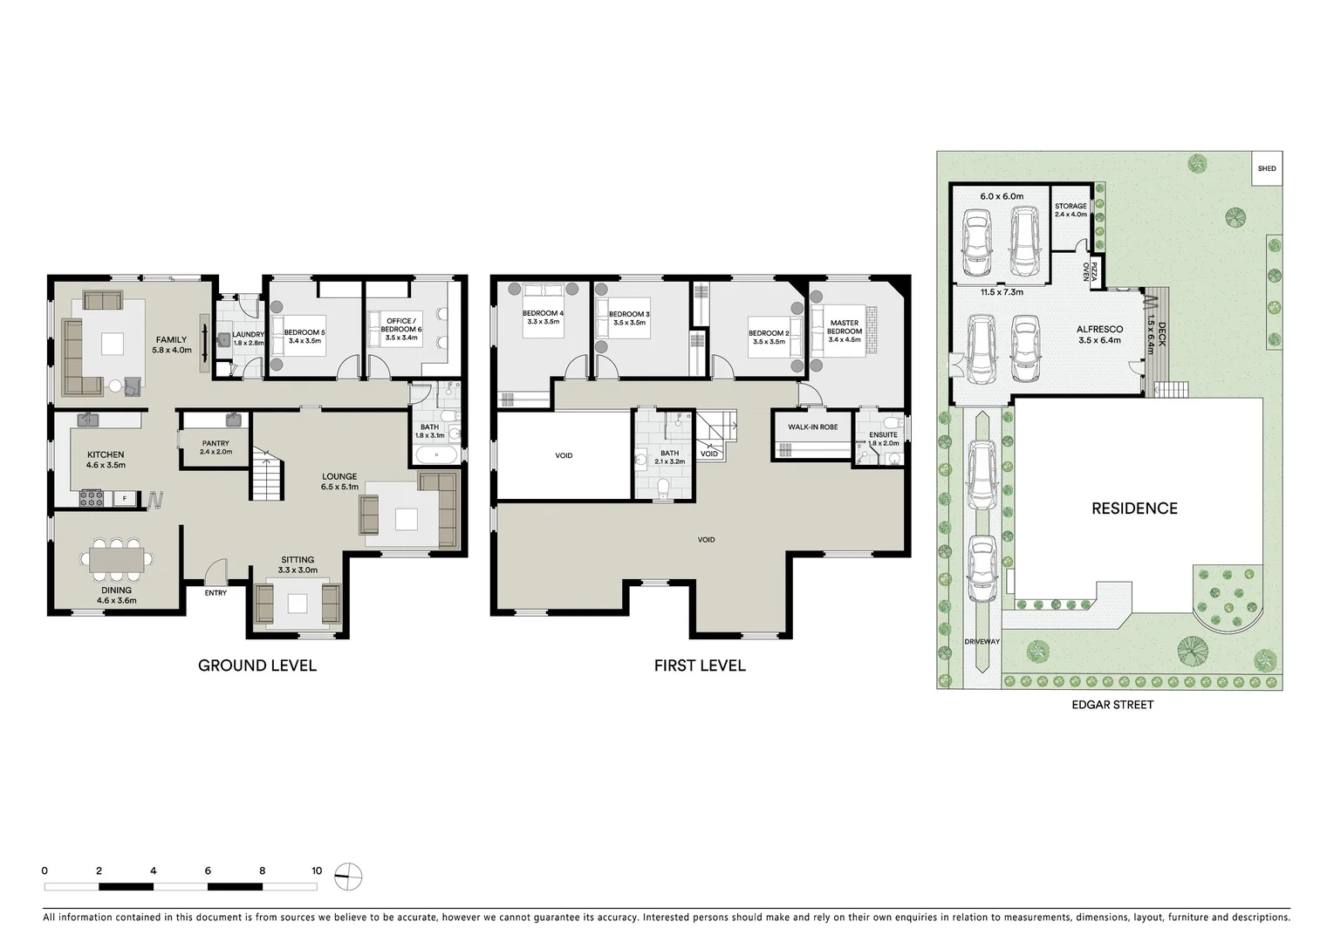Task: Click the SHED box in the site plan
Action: point(1267,168)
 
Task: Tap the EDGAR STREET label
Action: point(1113,705)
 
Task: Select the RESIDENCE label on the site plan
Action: point(1134,509)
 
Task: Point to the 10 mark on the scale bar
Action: point(317,871)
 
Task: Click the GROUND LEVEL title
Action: point(257,666)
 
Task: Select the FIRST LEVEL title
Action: point(700,666)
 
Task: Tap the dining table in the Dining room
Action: point(116,558)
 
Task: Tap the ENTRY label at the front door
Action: point(215,593)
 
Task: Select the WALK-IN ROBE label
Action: point(812,427)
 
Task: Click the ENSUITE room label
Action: point(883,434)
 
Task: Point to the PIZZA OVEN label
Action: point(1086,270)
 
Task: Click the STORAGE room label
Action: point(1071,207)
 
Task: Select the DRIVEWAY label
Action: point(982,642)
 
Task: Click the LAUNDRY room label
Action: point(248,334)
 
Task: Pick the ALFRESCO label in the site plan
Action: point(1099,330)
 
